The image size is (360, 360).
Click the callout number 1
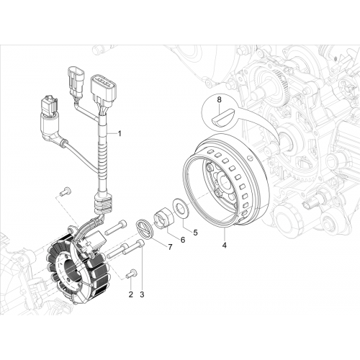[x=120, y=133]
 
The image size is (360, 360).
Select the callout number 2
[x=131, y=294]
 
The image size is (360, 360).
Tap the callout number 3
[x=142, y=294]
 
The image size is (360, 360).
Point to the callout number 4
[x=225, y=246]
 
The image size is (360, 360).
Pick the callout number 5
[x=195, y=233]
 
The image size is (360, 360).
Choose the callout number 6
[x=183, y=240]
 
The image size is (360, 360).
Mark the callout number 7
[x=170, y=247]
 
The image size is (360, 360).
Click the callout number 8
[x=220, y=100]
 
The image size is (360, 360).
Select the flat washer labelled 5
[x=181, y=205]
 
